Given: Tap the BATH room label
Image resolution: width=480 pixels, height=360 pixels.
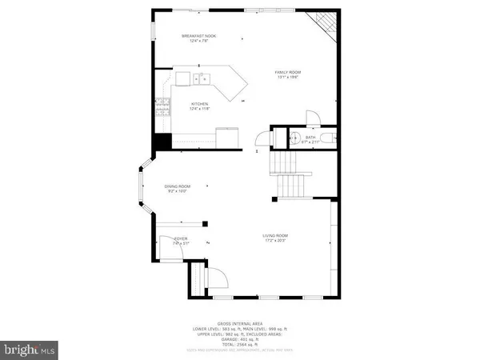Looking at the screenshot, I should (x=310, y=138).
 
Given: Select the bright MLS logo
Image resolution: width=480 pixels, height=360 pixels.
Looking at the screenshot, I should (x=30, y=350).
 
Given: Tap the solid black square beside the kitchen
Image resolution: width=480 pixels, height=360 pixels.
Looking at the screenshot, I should (x=163, y=142).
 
